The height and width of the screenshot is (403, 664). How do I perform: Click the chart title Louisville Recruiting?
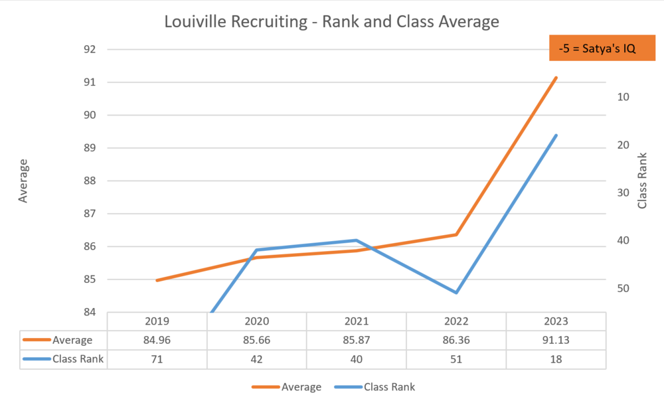pos(331,21)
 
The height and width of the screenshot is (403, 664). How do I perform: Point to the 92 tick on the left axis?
pos(91,50)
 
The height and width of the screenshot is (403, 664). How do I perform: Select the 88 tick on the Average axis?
pos(91,181)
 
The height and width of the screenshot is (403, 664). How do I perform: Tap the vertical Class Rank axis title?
pos(642,181)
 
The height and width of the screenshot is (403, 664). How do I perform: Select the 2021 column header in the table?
pos(357,321)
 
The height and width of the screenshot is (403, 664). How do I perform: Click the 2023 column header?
pos(556,321)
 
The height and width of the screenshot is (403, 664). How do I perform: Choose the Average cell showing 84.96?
pos(157,340)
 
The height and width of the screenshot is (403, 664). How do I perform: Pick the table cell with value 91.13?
pos(556,340)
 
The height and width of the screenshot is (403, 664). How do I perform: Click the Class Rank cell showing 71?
pos(157,359)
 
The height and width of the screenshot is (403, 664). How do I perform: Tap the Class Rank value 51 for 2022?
pos(456,359)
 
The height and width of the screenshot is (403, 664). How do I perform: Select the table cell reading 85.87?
pos(357,340)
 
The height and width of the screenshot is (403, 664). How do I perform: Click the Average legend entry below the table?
pos(287,387)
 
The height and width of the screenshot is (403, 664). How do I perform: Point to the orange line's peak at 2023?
pos(556,78)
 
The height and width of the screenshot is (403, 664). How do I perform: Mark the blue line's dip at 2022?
pos(456,293)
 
